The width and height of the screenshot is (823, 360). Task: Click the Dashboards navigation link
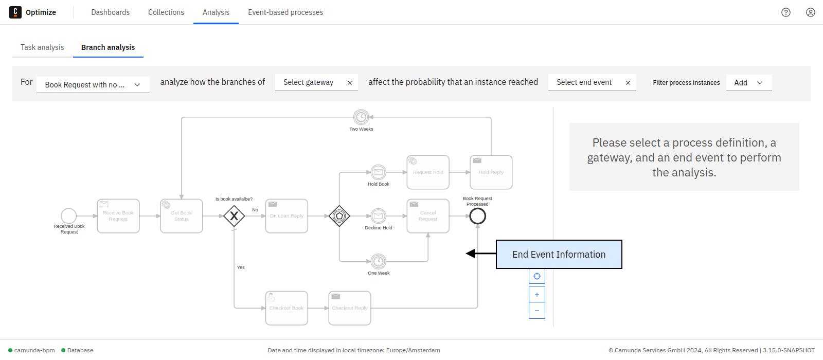(x=110, y=12)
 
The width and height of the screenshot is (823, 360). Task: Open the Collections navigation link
(x=166, y=12)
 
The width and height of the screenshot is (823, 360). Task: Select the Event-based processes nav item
(x=285, y=12)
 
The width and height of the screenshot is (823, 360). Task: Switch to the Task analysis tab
(x=42, y=47)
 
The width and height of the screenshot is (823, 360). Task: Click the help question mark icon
(x=785, y=12)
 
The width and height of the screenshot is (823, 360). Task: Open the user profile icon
(x=810, y=12)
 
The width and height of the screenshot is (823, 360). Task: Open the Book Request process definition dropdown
(x=93, y=85)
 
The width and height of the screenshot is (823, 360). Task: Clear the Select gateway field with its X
(x=350, y=83)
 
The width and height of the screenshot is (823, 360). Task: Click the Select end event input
(x=584, y=82)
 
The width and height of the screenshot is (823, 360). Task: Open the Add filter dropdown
(x=748, y=83)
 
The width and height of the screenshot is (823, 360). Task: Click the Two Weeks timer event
(x=361, y=117)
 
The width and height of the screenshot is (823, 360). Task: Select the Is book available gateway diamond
(x=234, y=216)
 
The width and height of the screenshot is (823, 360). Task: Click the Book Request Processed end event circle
(x=477, y=216)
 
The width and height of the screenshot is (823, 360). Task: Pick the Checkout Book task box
(x=287, y=308)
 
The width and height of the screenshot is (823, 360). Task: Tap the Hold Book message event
(x=379, y=172)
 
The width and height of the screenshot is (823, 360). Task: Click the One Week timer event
(x=379, y=261)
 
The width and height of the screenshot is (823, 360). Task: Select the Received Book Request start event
(x=69, y=216)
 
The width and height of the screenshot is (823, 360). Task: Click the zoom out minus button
(x=536, y=311)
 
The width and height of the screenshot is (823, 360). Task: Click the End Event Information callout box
(x=559, y=254)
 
